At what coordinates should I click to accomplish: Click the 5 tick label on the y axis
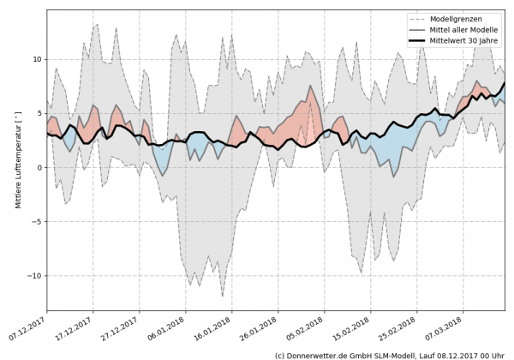pyautogui.click(x=37, y=113)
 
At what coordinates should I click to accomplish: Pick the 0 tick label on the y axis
pyautogui.click(x=37, y=167)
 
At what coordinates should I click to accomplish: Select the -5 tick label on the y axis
pyautogui.click(x=34, y=221)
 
